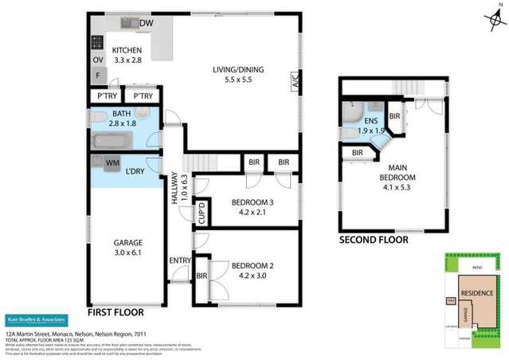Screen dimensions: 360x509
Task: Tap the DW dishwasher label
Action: tap(147, 24)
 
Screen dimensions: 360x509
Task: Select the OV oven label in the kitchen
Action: tap(98, 60)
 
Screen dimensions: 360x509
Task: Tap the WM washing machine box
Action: tap(112, 163)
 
